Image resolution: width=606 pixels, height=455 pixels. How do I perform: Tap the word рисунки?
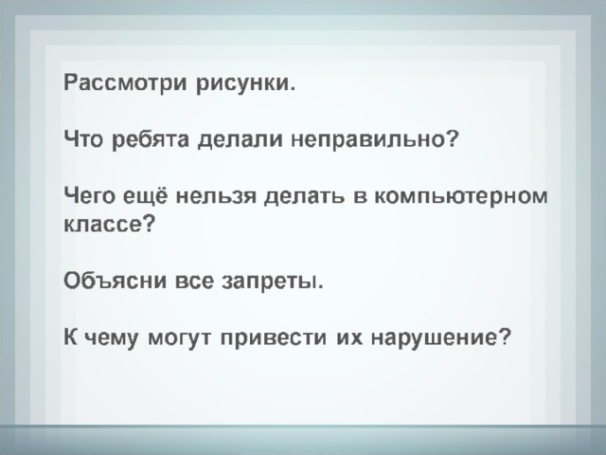click(246, 82)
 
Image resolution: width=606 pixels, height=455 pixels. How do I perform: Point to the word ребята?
click(151, 138)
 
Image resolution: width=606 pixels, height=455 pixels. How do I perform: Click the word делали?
click(241, 140)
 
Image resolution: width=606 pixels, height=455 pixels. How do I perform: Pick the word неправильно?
click(374, 140)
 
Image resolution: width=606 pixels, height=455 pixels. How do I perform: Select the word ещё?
click(146, 195)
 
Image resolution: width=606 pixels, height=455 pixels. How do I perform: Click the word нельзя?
click(216, 196)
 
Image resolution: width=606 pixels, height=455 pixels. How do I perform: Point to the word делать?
click(304, 196)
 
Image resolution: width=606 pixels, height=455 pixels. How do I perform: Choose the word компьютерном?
click(461, 196)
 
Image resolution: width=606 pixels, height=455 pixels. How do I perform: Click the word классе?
click(110, 225)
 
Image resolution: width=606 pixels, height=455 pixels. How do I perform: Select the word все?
click(194, 281)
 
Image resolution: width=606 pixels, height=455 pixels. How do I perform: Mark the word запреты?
click(273, 282)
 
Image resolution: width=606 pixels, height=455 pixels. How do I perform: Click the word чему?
click(110, 338)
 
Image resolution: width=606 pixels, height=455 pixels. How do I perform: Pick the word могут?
click(180, 338)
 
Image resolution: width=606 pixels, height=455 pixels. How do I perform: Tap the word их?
click(349, 337)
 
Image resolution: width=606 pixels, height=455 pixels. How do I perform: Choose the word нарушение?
click(441, 338)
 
